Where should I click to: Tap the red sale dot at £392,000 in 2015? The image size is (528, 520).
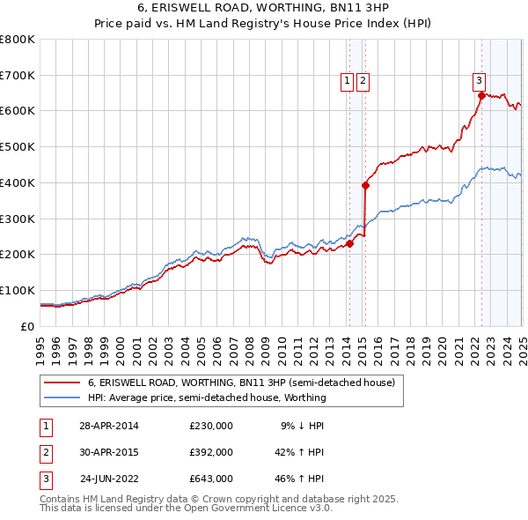(365, 185)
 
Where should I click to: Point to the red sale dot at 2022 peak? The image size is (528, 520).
(480, 94)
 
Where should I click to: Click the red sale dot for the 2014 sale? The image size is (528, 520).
(349, 243)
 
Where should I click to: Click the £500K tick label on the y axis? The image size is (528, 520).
(18, 147)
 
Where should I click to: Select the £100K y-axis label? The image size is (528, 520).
(18, 290)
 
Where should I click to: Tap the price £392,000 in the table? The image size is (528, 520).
(210, 452)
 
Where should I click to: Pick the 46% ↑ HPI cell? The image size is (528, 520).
(300, 479)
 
